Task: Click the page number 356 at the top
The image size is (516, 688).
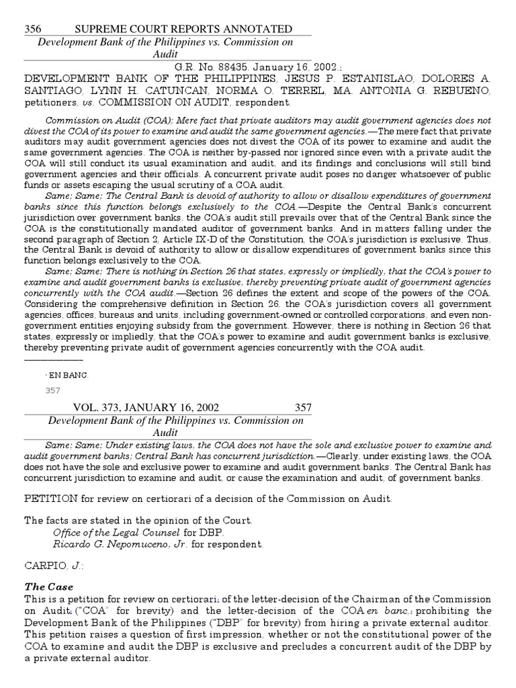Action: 33,29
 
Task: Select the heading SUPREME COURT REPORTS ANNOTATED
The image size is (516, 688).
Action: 183,29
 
